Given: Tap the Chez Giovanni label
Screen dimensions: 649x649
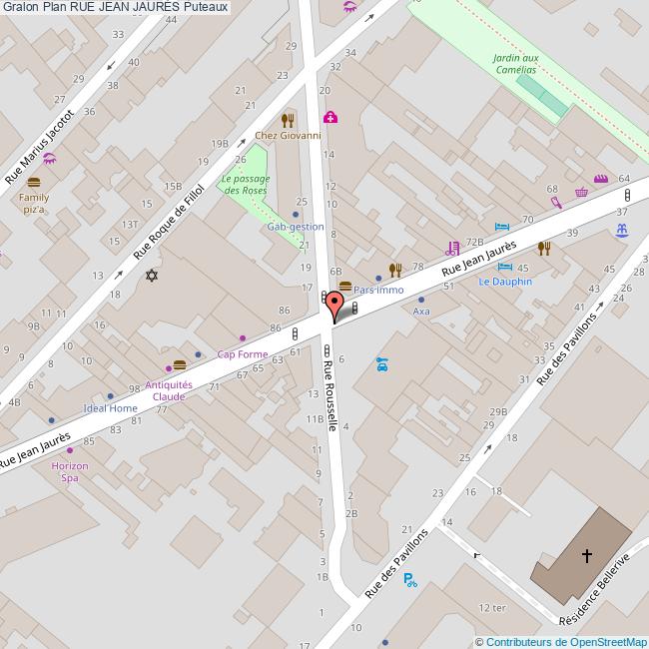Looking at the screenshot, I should (x=288, y=136).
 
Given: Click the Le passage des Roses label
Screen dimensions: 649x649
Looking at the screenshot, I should (x=246, y=184).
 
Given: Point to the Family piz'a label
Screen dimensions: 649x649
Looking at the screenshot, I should (x=34, y=204).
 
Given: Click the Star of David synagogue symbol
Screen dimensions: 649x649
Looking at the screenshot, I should (x=153, y=275).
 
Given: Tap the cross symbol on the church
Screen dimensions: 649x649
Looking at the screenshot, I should (x=587, y=555).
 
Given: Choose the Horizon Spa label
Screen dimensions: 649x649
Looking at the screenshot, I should (x=70, y=472).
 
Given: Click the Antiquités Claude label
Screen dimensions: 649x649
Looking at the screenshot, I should (x=169, y=390).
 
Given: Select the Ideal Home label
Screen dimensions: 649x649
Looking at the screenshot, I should (x=110, y=408).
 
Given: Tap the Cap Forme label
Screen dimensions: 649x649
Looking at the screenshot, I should (x=243, y=354).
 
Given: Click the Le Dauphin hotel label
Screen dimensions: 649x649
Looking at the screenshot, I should (x=504, y=282).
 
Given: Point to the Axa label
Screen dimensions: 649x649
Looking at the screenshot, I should (x=421, y=311).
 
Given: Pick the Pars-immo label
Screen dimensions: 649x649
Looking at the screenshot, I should (x=378, y=290).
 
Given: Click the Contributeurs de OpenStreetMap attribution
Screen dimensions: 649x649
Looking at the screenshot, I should (x=562, y=642).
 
